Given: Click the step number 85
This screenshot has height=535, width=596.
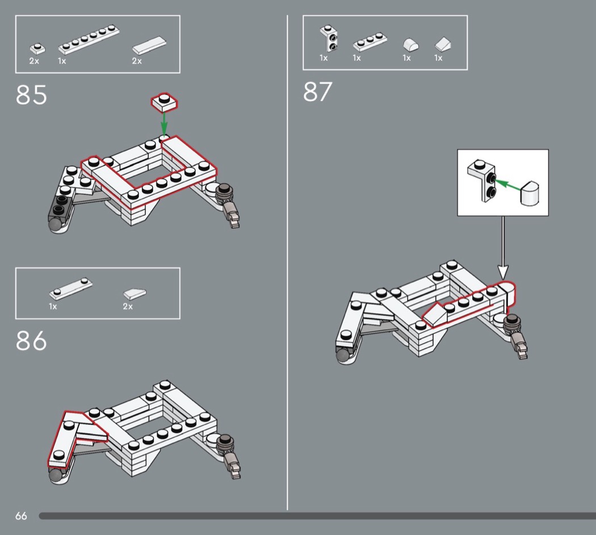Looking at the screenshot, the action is click(x=31, y=95).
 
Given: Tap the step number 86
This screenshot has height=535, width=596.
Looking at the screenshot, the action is click(x=31, y=341).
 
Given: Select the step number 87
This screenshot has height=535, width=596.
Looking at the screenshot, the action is click(x=317, y=91).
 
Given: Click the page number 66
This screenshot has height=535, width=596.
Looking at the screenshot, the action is click(x=22, y=516).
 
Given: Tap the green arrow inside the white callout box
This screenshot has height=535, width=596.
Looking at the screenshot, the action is click(x=508, y=185).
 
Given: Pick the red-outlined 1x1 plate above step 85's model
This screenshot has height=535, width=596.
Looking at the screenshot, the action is click(x=164, y=102).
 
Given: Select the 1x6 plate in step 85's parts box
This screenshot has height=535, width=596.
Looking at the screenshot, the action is click(x=89, y=40).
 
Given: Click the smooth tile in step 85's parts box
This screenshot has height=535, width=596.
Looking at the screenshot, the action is click(x=149, y=45).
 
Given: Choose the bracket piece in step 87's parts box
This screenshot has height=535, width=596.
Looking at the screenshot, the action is click(x=329, y=39).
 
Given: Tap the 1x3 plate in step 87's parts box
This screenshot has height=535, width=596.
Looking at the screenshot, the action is click(x=370, y=42).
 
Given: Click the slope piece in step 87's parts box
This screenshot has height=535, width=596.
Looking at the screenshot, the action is click(x=443, y=44).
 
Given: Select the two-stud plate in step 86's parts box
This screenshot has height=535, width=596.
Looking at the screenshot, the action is click(x=71, y=289).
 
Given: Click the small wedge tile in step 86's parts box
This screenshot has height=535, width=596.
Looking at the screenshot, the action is click(x=135, y=294).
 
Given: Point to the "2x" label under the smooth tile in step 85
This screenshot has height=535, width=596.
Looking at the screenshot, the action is click(x=137, y=61).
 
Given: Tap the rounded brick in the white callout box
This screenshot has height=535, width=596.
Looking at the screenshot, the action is click(x=530, y=194).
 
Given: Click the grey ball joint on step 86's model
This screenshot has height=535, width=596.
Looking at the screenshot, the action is click(x=56, y=476).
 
